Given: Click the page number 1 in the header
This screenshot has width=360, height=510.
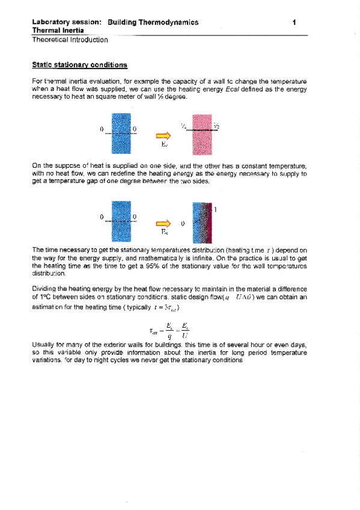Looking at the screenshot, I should click(294, 22).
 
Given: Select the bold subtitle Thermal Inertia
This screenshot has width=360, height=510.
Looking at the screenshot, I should click(58, 30).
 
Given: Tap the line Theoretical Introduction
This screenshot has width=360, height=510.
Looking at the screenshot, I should click(70, 40).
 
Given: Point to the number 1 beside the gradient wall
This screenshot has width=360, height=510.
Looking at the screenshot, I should click(215, 210).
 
